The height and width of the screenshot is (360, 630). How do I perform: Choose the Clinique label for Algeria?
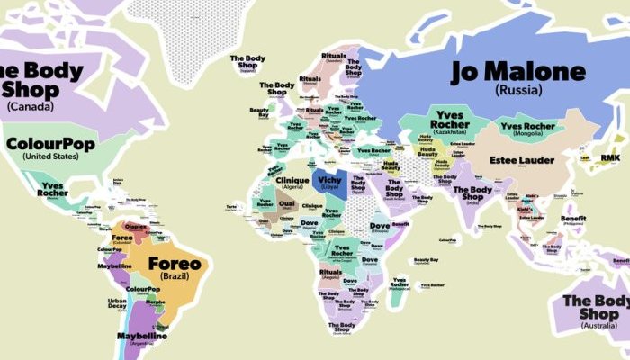coord(280,180)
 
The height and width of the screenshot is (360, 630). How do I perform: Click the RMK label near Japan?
coord(610,157)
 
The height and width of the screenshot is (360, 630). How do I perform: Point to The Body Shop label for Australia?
coord(598,307)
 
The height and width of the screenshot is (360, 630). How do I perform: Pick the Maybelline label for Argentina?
coord(142,337)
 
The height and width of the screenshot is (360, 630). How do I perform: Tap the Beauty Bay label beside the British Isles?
coord(258,112)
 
